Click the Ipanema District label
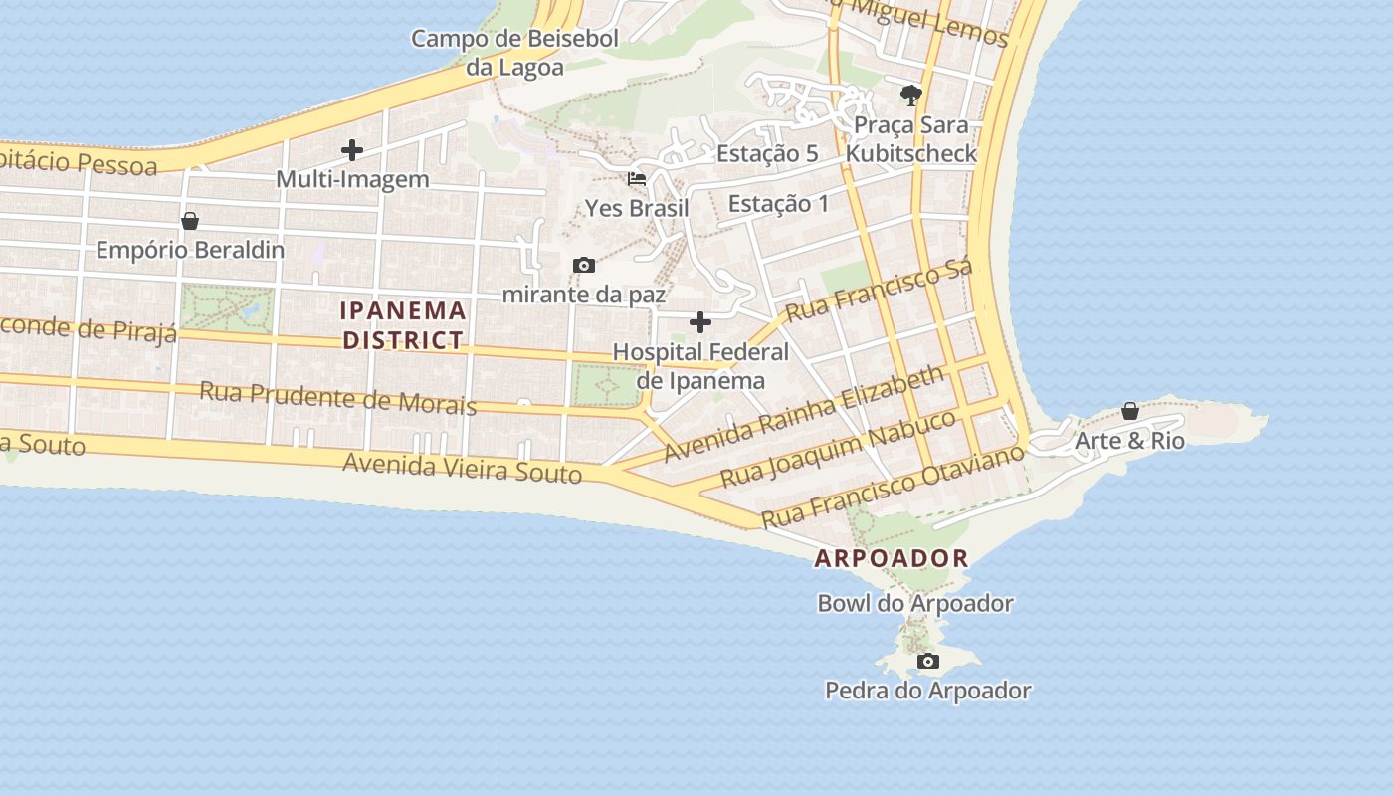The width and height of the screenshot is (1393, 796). pos(403,325)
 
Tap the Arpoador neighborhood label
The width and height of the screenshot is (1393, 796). pos(892,558)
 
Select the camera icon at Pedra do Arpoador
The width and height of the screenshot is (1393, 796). pos(927,662)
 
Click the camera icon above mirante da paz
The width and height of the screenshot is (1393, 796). pos(584,265)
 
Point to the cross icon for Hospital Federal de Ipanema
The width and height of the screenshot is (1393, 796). pos(700,322)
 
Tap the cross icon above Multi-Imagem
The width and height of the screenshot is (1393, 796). pos(352,151)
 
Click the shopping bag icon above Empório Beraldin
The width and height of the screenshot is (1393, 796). pos(190,221)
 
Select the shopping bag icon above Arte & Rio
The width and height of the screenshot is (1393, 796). pos(1130,411)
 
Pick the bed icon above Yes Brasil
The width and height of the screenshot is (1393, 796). pos(637,180)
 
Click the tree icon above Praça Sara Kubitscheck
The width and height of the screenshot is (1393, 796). pos(910,96)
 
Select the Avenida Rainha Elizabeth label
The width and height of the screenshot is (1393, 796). pos(804,412)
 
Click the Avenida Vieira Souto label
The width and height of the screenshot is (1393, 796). pos(463,467)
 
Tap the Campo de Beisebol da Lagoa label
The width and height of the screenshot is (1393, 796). pos(514,53)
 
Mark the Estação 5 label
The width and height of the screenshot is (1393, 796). pos(767,153)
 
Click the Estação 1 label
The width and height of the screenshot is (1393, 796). pos(778,204)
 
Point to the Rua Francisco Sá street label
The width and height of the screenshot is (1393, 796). pos(879,291)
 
